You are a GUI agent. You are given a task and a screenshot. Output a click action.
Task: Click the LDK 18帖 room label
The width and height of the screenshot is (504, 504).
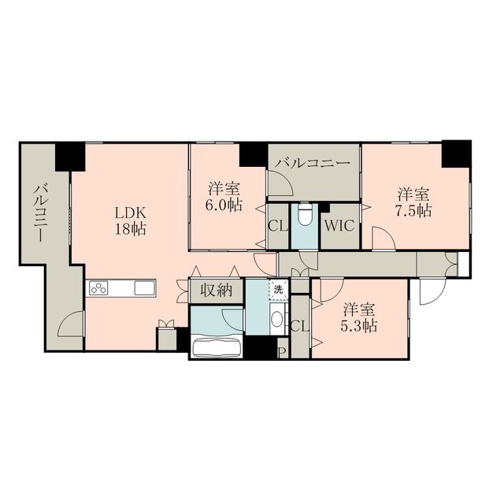point(131,220)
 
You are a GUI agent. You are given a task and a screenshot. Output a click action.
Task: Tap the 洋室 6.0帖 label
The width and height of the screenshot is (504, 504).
point(224,197)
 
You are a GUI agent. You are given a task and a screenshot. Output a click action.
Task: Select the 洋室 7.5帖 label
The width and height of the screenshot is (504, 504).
point(413,202)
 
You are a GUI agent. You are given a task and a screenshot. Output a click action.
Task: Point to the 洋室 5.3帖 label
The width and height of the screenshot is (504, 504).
point(359,317)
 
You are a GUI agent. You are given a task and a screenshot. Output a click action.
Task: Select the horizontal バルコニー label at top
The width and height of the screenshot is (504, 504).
point(313,162)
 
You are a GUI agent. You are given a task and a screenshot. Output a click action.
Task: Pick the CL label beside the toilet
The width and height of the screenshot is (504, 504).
point(277,225)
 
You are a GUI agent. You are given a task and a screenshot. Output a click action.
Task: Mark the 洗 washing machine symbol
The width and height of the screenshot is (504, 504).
point(277,288)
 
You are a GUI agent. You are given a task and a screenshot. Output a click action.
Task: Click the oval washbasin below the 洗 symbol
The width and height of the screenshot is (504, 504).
point(277,319)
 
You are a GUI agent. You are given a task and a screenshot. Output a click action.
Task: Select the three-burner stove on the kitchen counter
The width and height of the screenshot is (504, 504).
point(98,288)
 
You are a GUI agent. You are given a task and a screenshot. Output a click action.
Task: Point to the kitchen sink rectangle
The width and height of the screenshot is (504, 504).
point(145,288)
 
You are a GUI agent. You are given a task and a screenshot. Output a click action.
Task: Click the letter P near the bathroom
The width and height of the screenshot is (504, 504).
point(283,351)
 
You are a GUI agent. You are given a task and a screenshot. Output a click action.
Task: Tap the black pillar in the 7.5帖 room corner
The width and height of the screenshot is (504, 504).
point(455,153)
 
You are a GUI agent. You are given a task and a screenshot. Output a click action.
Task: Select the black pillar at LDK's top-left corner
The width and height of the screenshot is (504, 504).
point(70,156)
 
